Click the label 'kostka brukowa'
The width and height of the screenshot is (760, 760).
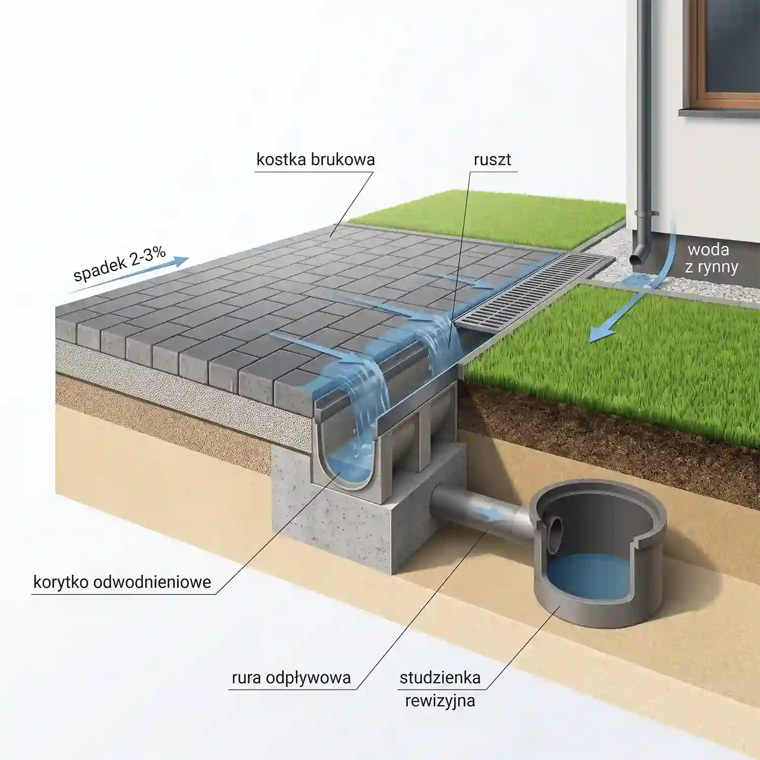pos(315,160)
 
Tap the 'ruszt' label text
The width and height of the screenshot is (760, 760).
pos(492,160)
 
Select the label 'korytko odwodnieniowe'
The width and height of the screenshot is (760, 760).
pos(122,582)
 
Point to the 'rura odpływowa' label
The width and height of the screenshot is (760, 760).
pos(291,678)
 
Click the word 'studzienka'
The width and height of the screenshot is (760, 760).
pos(440,677)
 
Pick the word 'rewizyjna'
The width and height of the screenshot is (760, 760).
pos(440,701)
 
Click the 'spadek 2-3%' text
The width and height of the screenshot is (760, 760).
pos(120,264)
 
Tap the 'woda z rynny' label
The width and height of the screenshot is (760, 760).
pos(711,258)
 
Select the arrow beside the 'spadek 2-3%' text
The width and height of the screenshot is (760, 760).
pos(128,276)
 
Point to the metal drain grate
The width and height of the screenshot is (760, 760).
pos(535,292)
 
